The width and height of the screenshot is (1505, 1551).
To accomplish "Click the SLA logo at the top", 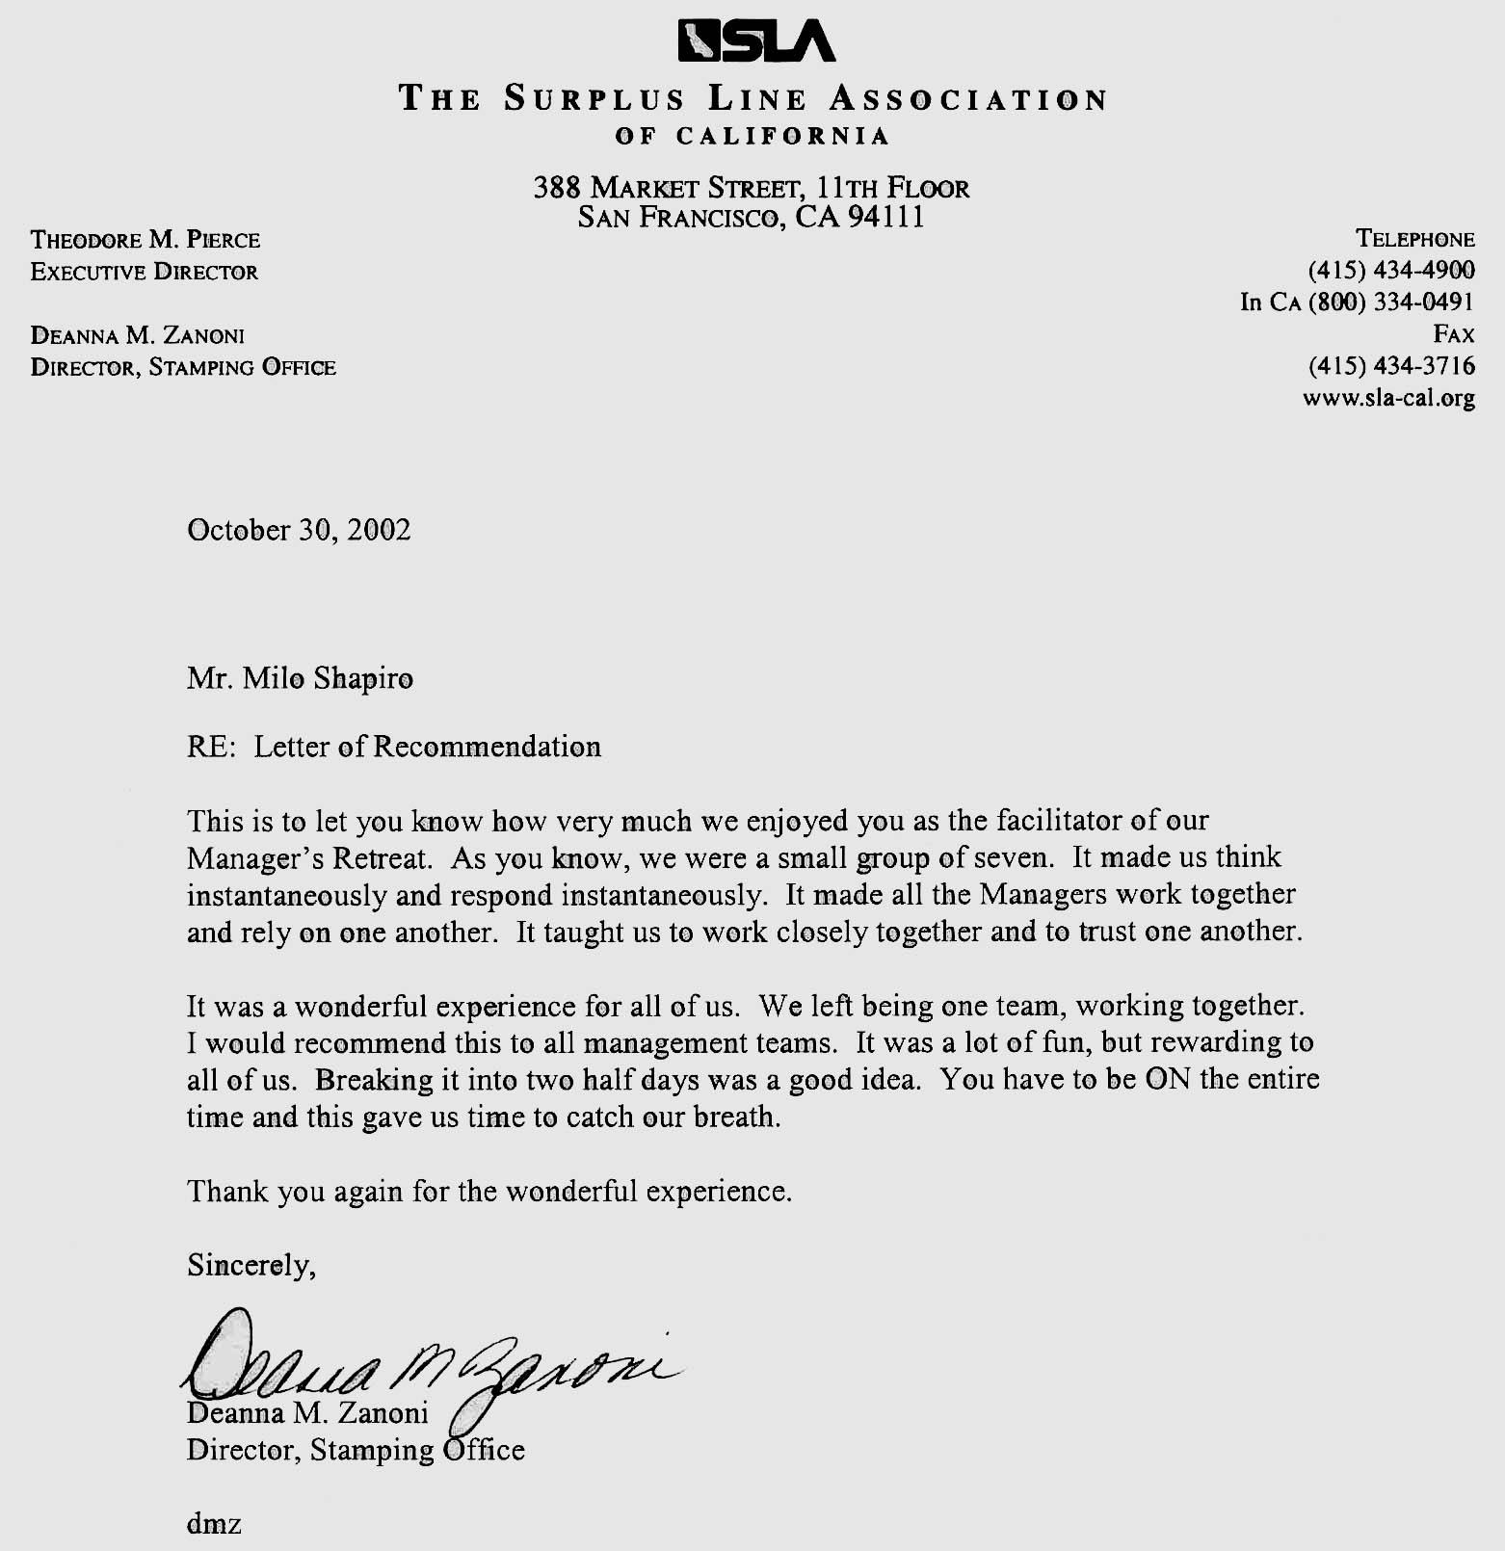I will [x=757, y=41].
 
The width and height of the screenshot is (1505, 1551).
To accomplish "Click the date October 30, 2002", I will [x=299, y=531].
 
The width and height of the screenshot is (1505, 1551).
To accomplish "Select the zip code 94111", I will [x=886, y=218].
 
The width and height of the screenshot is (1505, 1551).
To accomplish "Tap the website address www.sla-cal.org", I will [x=1388, y=398].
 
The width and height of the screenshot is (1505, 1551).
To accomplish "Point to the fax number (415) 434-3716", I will [x=1391, y=366].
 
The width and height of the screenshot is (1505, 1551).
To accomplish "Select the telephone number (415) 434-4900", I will [x=1391, y=271].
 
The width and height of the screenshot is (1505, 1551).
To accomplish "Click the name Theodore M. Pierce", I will [x=145, y=240].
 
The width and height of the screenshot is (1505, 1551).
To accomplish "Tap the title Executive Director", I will [x=145, y=272].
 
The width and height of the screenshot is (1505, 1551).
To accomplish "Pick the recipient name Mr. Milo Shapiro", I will [x=300, y=679].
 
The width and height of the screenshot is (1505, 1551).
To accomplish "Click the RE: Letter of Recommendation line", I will [x=393, y=748].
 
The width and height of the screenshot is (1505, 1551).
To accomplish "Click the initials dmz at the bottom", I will [x=214, y=1525].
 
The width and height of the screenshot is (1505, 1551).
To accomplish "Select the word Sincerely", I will [x=250, y=1265].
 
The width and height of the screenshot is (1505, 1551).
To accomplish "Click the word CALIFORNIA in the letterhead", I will [x=783, y=136].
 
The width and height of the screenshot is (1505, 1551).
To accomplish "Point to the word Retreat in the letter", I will [x=379, y=857].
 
